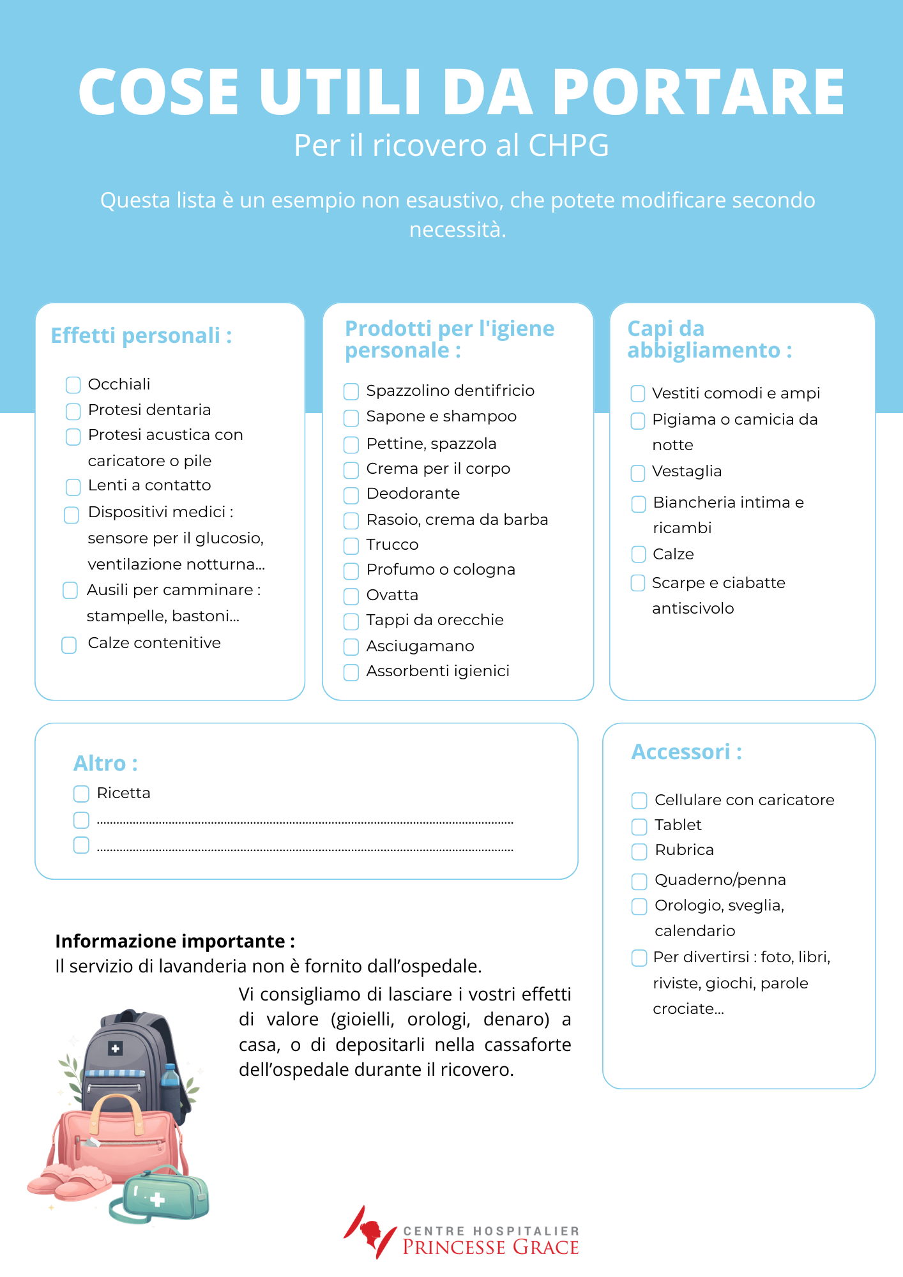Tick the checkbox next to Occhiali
point(73,384)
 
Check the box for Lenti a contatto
point(73,487)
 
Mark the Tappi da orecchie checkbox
point(351,621)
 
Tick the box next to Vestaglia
point(638,473)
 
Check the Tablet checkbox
point(639,827)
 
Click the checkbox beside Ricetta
point(81,794)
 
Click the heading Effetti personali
point(141,335)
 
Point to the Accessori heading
point(686,752)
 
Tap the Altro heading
point(105,763)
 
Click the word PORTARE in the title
point(698,92)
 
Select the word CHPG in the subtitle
point(568,146)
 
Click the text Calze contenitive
point(154,643)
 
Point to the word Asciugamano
point(420,646)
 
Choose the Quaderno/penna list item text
point(720,880)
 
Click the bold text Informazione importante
point(174,941)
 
